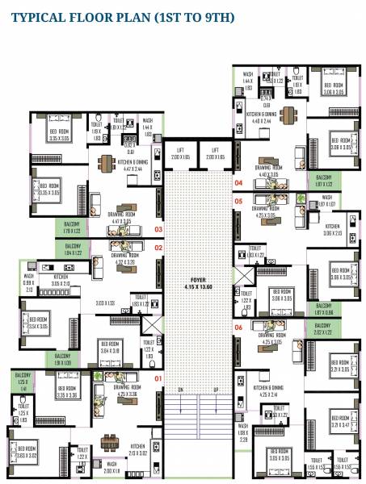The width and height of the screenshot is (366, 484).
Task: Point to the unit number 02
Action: [x=158, y=248]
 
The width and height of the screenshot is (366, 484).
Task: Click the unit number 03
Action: [x=158, y=229]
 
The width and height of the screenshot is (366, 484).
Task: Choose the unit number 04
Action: [x=238, y=182]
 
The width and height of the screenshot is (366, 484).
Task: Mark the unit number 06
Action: [x=238, y=328]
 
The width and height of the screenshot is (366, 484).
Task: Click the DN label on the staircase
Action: [x=181, y=390]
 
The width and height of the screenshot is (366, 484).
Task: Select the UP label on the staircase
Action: [x=216, y=390]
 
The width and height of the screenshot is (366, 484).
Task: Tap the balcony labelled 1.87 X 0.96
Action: [x=323, y=309]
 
